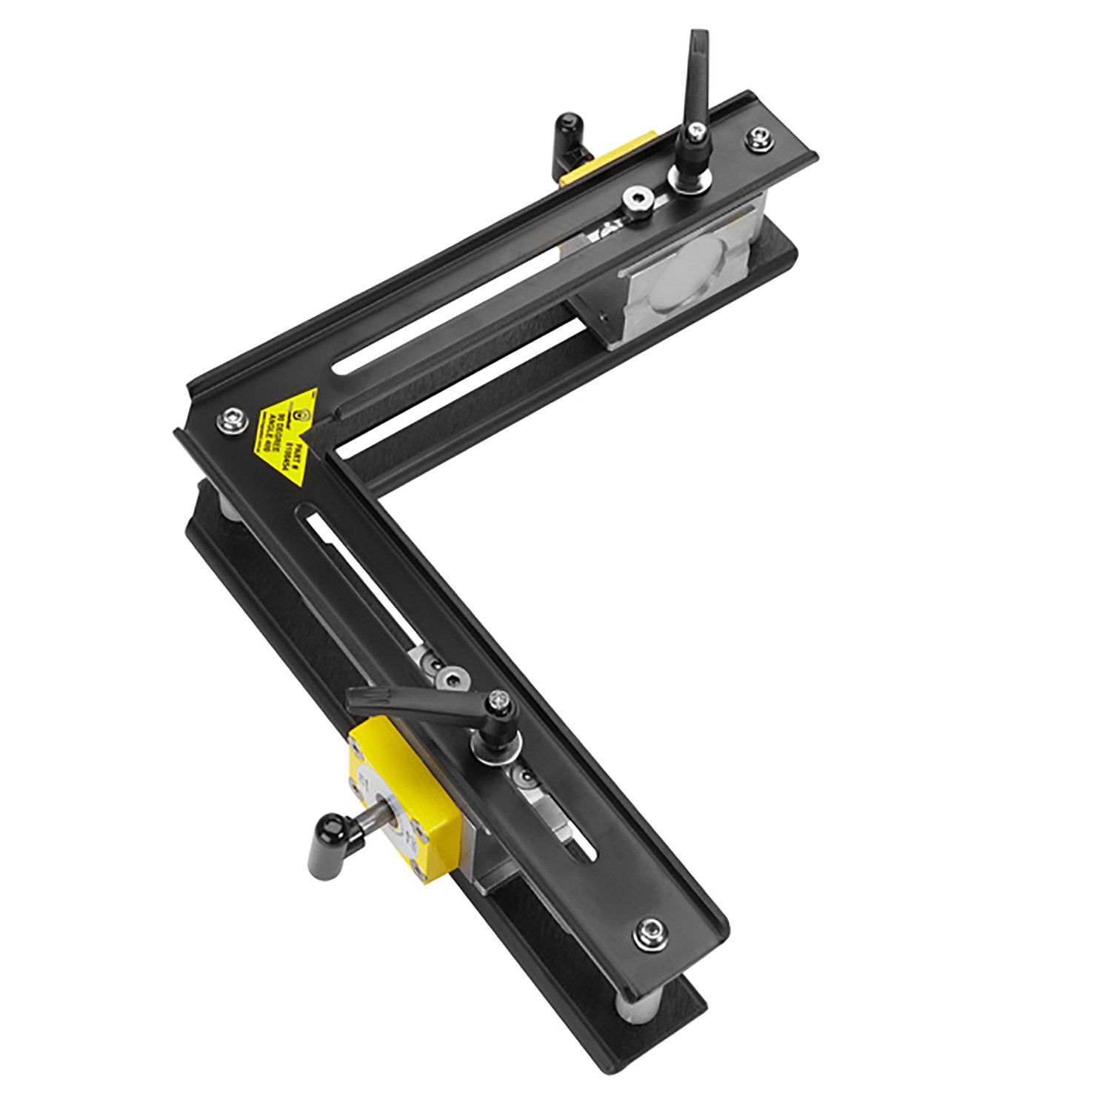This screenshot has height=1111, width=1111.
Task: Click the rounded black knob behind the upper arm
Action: tap(567, 127)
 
